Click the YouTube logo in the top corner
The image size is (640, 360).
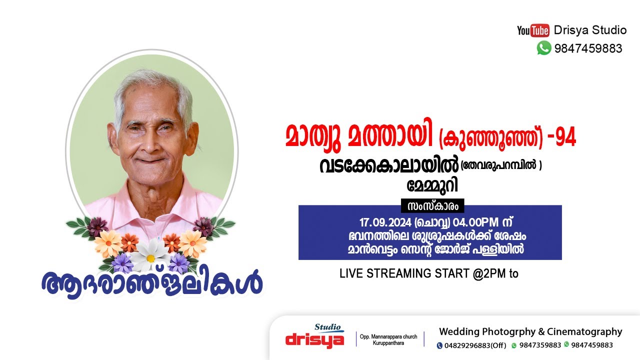click(533, 30)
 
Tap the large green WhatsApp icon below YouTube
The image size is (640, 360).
click(544, 48)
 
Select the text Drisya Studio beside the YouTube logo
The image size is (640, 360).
click(590, 30)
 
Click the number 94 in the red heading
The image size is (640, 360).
click(565, 137)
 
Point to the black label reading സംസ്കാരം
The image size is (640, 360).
click(432, 206)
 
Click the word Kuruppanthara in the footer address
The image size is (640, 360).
click(389, 343)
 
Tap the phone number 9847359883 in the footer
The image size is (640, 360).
click(540, 345)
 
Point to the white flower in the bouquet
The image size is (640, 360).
click(150, 252)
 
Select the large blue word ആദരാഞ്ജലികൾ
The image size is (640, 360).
click(152, 283)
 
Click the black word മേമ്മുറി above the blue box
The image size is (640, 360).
click(433, 185)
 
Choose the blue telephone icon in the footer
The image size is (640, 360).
click(439, 345)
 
